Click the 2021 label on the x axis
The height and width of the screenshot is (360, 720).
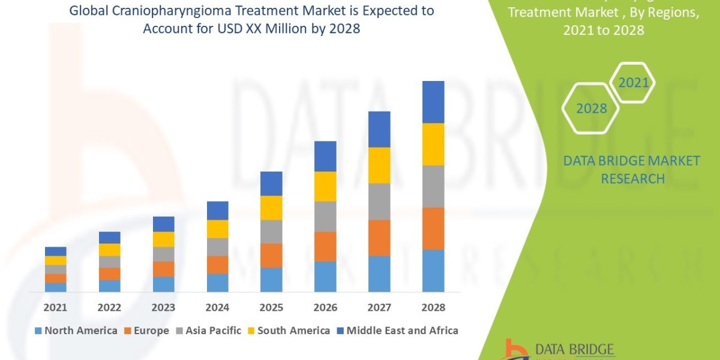pyautogui.click(x=55, y=307)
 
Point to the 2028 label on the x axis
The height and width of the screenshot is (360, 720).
pyautogui.click(x=433, y=307)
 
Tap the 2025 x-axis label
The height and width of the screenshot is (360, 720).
pyautogui.click(x=271, y=307)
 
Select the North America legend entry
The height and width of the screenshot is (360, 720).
pyautogui.click(x=76, y=331)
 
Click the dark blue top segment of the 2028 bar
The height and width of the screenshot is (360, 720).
pyautogui.click(x=433, y=102)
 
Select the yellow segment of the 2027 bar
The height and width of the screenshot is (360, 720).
pyautogui.click(x=379, y=165)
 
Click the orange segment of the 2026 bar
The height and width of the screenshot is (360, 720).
pyautogui.click(x=325, y=246)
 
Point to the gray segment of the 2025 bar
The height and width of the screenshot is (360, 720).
pyautogui.click(x=271, y=231)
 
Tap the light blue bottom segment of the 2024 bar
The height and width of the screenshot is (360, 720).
pyautogui.click(x=217, y=283)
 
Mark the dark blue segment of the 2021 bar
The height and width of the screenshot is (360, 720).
pyautogui.click(x=55, y=251)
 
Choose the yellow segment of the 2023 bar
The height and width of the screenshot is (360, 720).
pyautogui.click(x=163, y=239)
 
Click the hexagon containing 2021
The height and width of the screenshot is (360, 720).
pyautogui.click(x=633, y=83)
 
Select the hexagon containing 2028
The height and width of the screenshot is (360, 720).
pyautogui.click(x=592, y=109)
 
